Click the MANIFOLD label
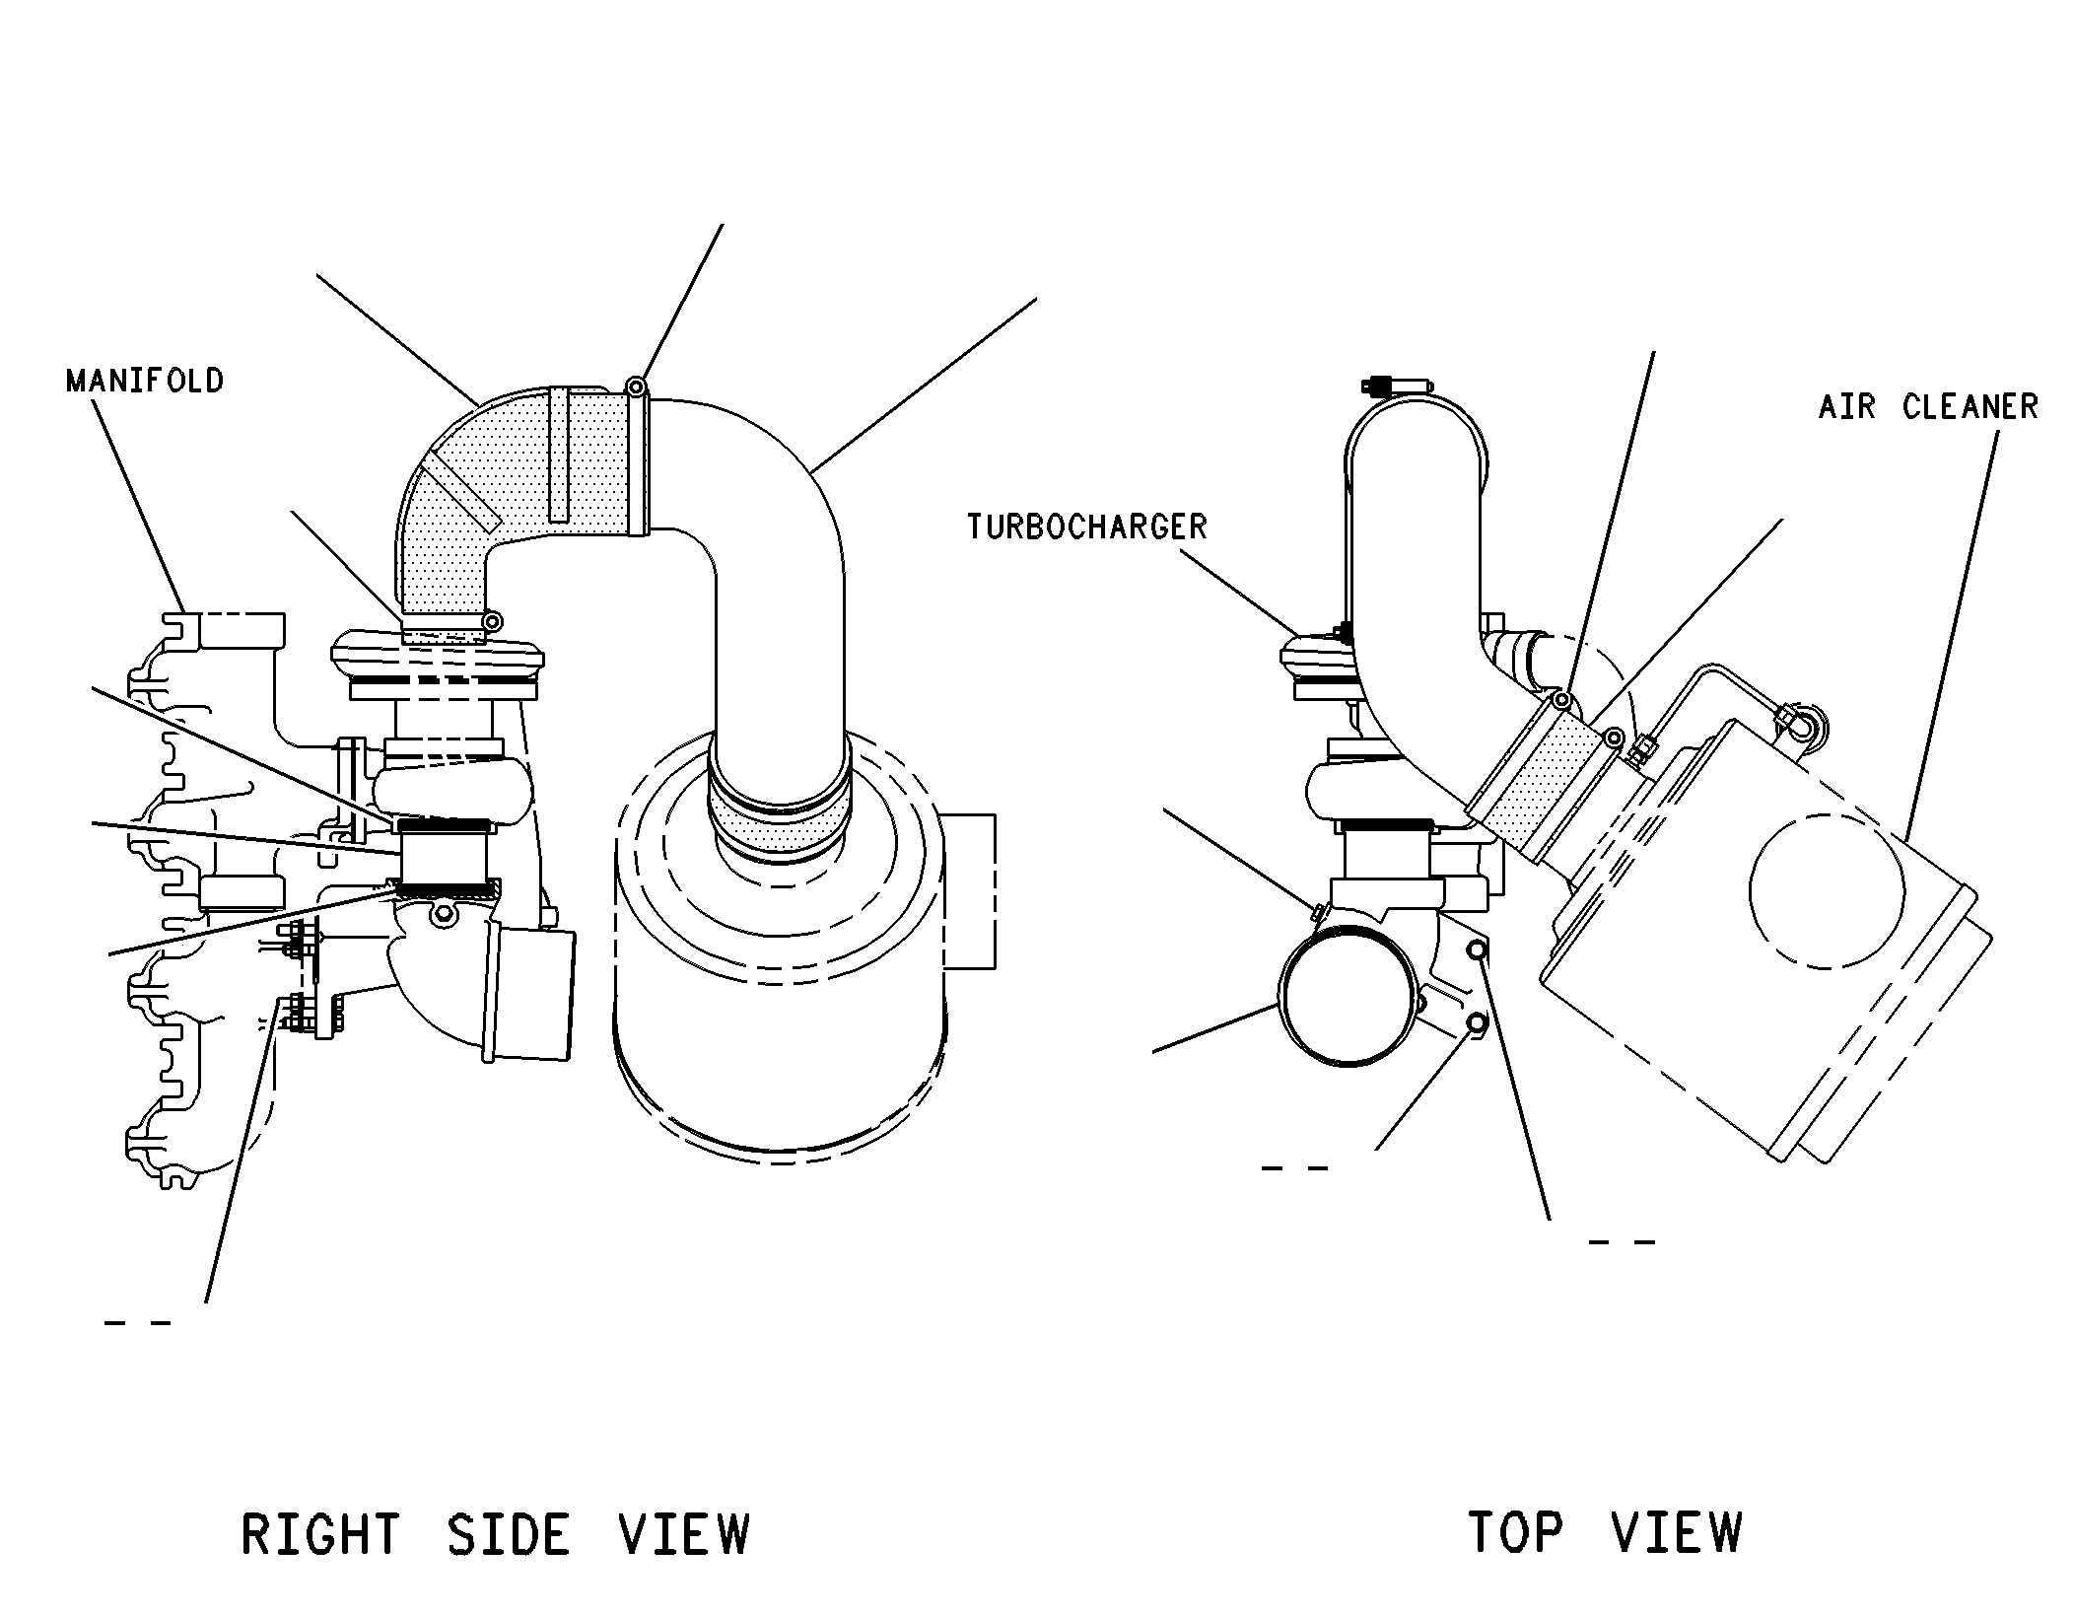pyautogui.click(x=145, y=381)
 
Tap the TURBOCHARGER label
pyautogui.click(x=1086, y=527)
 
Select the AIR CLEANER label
pyautogui.click(x=1928, y=406)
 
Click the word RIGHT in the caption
pyautogui.click(x=319, y=1534)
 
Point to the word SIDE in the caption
pyautogui.click(x=509, y=1534)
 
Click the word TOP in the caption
pyautogui.click(x=1515, y=1531)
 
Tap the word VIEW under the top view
pyautogui.click(x=1677, y=1531)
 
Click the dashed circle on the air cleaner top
pyautogui.click(x=1827, y=891)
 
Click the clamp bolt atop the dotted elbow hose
pyautogui.click(x=637, y=386)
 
